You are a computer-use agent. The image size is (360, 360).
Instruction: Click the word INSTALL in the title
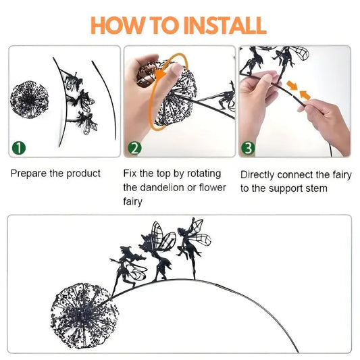225,25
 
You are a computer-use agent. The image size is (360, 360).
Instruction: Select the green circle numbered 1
19,148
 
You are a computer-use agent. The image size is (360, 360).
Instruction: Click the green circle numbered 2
135,148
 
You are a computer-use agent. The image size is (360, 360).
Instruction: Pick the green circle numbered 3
248,148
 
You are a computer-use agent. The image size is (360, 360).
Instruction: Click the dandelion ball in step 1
29,99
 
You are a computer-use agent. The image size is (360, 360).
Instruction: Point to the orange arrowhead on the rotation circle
161,76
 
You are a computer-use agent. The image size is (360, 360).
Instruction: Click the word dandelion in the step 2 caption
162,188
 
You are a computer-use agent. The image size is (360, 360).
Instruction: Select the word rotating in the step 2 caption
204,174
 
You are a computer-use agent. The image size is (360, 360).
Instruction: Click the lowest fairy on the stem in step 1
86,123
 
